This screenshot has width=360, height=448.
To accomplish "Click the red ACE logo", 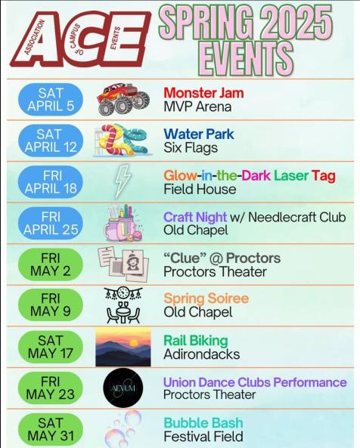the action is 81,39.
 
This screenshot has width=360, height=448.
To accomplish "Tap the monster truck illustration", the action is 123,99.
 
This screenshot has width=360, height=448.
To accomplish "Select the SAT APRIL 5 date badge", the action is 51,100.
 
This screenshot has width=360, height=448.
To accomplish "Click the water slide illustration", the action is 122,140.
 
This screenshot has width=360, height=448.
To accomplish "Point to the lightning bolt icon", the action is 123,181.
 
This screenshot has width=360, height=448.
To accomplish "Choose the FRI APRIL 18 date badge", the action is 51,182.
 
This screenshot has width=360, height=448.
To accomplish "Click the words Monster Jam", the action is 203,93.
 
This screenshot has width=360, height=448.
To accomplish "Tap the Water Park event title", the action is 199,134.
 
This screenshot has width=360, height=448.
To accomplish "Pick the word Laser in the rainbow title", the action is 291,175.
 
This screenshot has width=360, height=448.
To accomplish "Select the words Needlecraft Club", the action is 297,217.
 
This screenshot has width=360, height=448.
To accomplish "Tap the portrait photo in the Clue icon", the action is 133,262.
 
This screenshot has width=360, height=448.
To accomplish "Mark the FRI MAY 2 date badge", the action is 51,264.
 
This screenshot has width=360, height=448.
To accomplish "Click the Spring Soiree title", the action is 206,298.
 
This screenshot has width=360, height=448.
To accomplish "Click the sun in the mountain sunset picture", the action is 134,343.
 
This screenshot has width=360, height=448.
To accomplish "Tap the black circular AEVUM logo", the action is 123,388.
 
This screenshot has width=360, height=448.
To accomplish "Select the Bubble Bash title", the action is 203,423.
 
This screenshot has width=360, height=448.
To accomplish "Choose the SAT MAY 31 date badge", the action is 51,430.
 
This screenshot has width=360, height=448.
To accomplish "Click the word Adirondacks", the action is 202,354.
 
